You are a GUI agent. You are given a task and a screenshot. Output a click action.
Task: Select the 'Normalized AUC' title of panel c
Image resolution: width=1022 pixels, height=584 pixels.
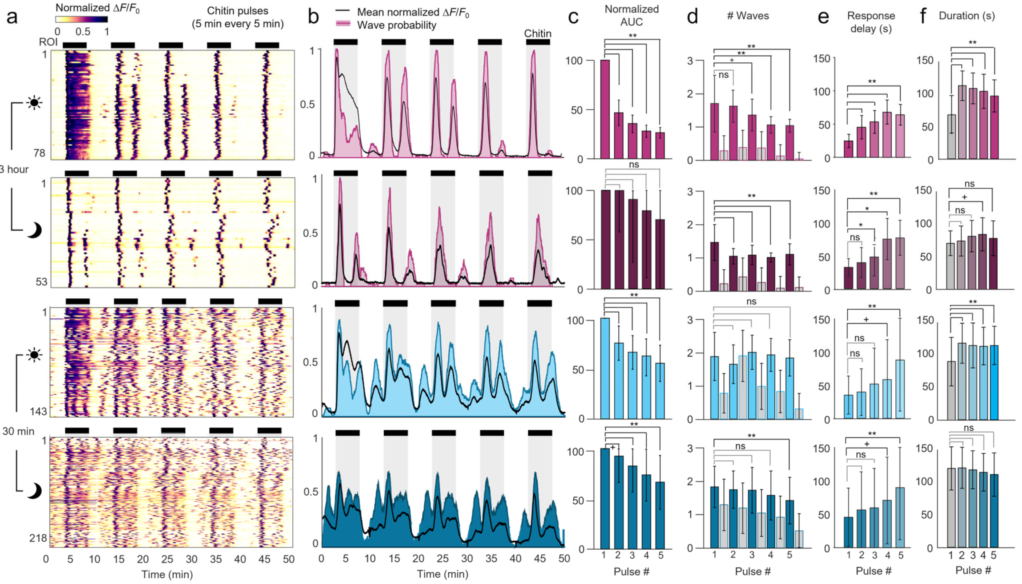(x=631, y=15)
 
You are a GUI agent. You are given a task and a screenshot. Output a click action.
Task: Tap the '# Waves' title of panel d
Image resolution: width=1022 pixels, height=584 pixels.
(x=748, y=16)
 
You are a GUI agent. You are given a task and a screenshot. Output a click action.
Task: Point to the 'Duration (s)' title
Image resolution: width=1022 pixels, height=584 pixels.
(x=967, y=16)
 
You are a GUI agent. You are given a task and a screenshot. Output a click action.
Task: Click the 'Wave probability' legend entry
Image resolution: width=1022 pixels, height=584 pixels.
(x=396, y=25)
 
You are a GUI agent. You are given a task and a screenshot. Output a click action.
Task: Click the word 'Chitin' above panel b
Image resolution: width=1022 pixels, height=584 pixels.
(x=537, y=33)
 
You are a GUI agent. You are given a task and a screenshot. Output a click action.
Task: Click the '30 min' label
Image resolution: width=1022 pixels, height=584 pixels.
(x=18, y=431)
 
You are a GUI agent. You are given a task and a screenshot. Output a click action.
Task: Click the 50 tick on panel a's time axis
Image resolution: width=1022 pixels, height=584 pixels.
(x=288, y=559)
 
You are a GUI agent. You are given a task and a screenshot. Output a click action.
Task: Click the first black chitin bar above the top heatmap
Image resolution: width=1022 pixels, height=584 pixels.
(x=75, y=45)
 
